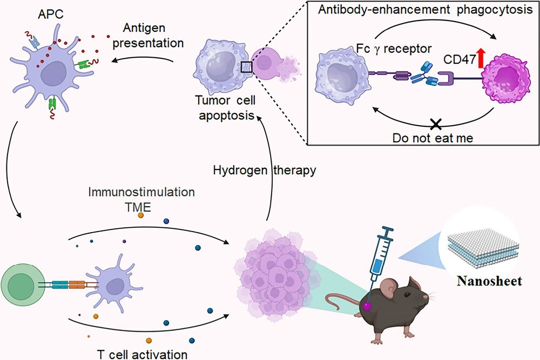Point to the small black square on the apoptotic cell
[x=247, y=66]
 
